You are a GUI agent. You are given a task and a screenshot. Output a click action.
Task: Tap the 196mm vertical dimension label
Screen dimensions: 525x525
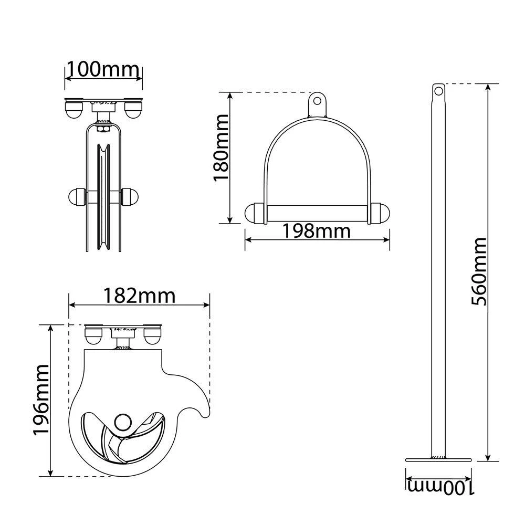point(41,400)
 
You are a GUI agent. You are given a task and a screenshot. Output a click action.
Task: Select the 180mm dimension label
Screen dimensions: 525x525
point(221,148)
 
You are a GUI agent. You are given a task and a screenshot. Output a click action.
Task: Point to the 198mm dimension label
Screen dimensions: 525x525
point(317,230)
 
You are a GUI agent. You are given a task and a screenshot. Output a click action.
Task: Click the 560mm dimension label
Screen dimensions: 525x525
point(478,271)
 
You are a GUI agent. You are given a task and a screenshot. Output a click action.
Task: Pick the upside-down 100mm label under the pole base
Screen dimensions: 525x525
point(441,487)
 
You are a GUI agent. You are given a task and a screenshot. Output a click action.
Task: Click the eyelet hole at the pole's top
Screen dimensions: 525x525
point(438,90)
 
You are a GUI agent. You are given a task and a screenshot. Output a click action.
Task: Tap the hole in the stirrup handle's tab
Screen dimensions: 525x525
point(317,100)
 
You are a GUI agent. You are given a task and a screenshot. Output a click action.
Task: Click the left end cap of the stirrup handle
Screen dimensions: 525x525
point(254,213)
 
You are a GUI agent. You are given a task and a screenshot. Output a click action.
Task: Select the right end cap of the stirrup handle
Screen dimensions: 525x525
point(380,213)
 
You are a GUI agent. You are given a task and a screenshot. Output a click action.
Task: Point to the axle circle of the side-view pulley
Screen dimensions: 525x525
point(123,422)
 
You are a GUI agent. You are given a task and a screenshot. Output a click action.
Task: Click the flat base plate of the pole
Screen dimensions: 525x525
point(438,460)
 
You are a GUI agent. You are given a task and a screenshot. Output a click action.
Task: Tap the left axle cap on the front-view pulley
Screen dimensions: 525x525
point(77,197)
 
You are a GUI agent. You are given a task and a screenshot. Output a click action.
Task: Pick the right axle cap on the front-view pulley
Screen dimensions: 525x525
point(130,197)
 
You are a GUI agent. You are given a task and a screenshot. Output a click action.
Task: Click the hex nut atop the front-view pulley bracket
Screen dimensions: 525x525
point(103,129)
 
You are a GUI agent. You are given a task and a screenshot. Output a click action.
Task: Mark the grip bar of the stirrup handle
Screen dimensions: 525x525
point(317,214)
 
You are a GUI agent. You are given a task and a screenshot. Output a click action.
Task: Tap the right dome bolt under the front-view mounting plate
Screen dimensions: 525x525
point(133,110)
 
